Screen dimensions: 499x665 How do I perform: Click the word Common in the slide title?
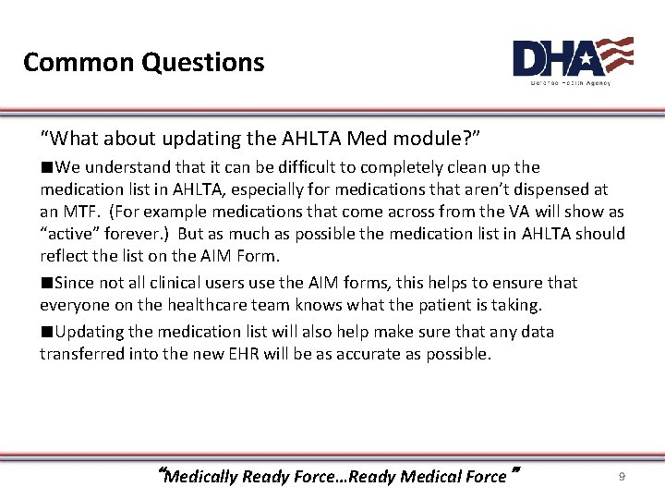pos(79,63)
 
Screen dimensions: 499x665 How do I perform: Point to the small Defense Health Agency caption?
pos(570,83)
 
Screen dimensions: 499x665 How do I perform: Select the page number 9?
pos(622,476)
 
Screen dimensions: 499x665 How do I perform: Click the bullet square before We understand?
pos(45,168)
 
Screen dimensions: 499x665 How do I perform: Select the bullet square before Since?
pos(45,283)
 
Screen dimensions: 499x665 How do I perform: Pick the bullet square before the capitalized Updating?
pos(45,332)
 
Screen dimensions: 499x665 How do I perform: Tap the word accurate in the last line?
pos(399,354)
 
